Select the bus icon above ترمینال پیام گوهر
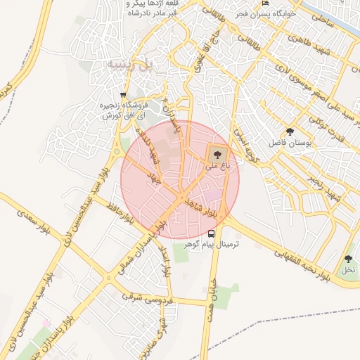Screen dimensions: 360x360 (212, 233)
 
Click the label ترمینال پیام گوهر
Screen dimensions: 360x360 (212, 244)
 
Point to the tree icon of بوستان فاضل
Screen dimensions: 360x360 (290, 131)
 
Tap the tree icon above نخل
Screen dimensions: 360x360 (348, 259)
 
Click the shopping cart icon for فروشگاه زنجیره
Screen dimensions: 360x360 (124, 95)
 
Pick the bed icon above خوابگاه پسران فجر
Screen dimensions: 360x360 (264, 4)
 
